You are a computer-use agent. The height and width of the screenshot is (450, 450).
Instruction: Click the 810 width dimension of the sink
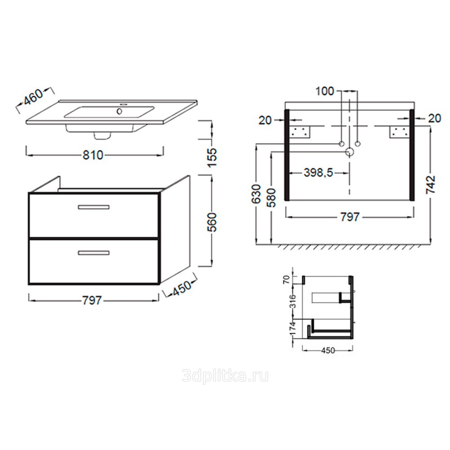(93, 155)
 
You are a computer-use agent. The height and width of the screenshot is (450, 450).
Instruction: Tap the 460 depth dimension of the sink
(33, 97)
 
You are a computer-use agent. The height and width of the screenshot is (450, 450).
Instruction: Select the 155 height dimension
(213, 157)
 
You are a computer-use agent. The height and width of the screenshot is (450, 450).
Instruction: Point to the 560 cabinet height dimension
(213, 222)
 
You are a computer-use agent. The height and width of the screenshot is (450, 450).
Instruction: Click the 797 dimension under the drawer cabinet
(92, 300)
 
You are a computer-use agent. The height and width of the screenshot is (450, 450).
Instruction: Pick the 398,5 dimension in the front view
(318, 173)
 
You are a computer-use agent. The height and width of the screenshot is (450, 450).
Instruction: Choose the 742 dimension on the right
(431, 185)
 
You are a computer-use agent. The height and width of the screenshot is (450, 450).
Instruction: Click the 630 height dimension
(257, 194)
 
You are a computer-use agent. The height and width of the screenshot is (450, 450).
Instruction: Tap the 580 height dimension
(271, 198)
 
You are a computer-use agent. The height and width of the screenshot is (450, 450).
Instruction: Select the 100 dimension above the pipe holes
(325, 91)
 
